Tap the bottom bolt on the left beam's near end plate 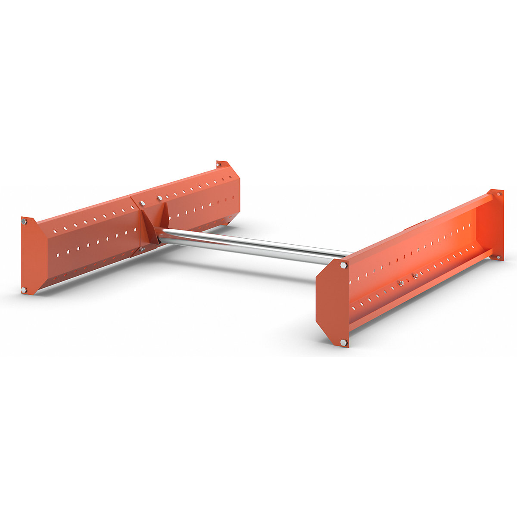coord(24,290)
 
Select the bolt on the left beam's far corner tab coord(218,164)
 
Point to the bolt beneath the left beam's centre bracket coord(143,249)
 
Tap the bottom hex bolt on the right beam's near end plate coord(343,342)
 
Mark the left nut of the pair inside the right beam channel coord(401,283)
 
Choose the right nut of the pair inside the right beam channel coord(415,276)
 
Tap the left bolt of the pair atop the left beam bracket coord(143,202)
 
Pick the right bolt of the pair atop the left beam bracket coord(160,198)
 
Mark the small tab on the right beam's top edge coord(414,225)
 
